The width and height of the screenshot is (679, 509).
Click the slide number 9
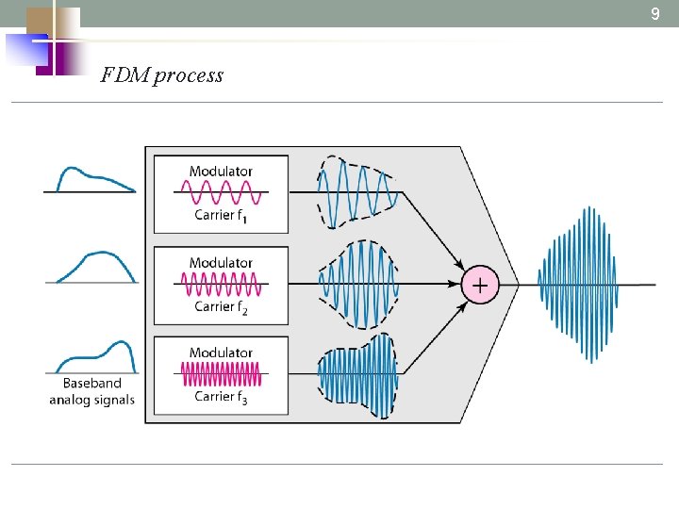point(655,14)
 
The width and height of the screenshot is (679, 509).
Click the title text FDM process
point(161,75)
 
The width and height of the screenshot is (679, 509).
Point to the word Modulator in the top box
point(221,172)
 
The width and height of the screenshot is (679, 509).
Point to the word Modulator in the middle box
point(221,263)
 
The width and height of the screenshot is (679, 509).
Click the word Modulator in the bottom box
point(221,353)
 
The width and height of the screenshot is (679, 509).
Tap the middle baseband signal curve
point(94,265)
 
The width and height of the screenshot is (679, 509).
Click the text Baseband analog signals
point(91,391)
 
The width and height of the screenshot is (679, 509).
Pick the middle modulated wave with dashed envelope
point(359,284)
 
